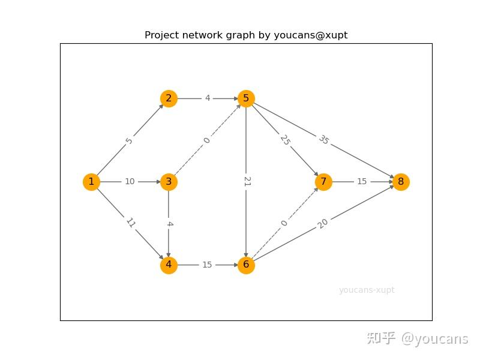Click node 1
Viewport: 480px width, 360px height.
[91, 182]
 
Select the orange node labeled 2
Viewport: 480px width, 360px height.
[169, 98]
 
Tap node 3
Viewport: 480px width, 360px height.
[169, 182]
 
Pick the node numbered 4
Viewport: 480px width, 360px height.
[169, 265]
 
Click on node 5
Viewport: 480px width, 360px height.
[246, 98]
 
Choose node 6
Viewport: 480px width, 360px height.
[246, 265]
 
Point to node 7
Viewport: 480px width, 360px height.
[323, 182]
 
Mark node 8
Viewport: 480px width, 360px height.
[401, 182]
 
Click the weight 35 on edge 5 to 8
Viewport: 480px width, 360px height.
[323, 140]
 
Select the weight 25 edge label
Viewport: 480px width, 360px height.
[285, 140]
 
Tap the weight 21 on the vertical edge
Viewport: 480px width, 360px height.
[247, 181]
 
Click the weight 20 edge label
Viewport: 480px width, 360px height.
[322, 224]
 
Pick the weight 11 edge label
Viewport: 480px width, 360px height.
[131, 223]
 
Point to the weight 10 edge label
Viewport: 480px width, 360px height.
[130, 182]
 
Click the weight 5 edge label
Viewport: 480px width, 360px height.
[129, 141]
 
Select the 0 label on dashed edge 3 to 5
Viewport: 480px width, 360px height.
[207, 140]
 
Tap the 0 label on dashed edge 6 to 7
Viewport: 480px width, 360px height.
[284, 223]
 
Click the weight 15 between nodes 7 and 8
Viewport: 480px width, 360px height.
[362, 182]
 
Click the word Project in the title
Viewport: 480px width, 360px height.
[162, 35]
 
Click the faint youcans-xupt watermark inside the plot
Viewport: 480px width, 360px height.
[367, 290]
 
